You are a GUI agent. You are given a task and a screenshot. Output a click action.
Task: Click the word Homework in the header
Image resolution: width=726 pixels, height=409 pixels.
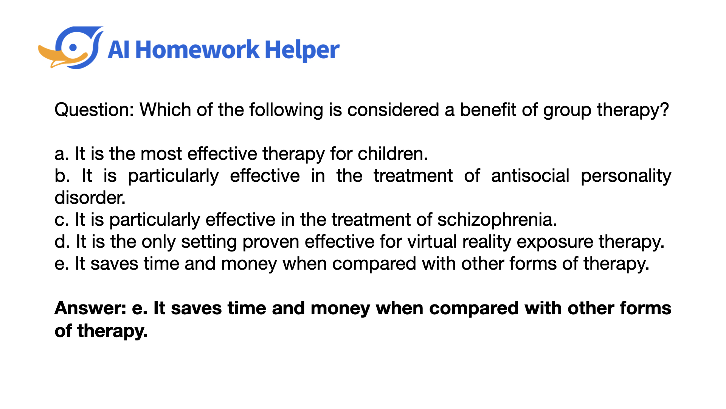click(x=197, y=50)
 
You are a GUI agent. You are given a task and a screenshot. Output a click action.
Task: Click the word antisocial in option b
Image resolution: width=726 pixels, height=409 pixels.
click(x=530, y=176)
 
